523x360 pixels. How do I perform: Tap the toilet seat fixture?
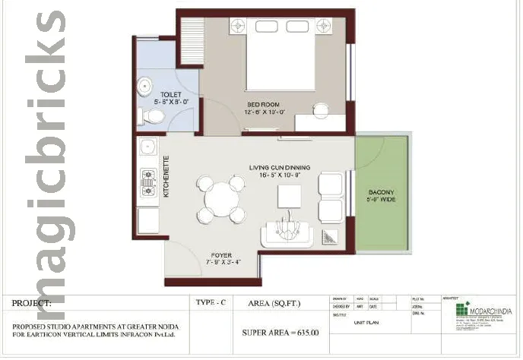154,116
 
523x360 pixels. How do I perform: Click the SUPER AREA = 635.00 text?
280,332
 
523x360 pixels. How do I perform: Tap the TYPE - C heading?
211,302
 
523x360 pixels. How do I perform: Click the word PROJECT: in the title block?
31,302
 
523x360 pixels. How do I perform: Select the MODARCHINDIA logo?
487,312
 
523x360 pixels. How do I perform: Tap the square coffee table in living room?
289,196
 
